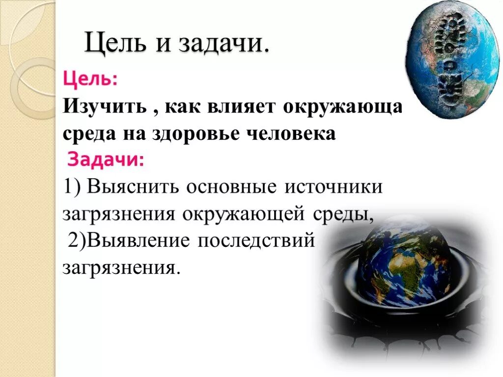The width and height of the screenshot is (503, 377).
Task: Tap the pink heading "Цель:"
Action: coord(90,79)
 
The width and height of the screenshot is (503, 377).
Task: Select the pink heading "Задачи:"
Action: coord(106,160)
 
